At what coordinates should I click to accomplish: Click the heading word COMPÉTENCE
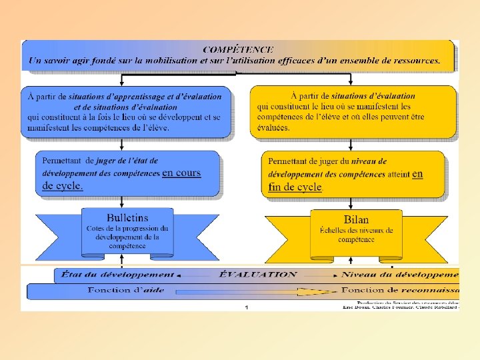point(238,49)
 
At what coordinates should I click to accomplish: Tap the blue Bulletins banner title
point(127,217)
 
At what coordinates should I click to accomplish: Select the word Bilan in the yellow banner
point(356,219)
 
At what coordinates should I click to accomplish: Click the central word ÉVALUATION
point(257,274)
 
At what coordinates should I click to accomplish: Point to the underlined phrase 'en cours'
point(181,173)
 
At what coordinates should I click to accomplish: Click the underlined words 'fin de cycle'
point(295,187)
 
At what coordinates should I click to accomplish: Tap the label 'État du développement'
point(117,274)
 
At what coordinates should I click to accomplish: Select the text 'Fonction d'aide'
point(126,290)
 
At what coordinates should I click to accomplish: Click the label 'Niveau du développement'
point(400,274)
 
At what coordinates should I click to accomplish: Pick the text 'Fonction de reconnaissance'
point(400,290)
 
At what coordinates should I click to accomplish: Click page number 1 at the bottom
point(246,307)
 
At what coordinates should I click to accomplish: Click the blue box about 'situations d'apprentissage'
point(126,112)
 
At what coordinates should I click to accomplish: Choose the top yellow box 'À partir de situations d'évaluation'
point(353,112)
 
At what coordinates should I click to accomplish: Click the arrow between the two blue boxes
point(121,145)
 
